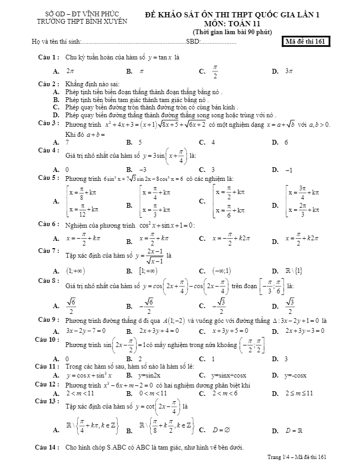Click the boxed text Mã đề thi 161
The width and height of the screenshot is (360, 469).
[x=306, y=42]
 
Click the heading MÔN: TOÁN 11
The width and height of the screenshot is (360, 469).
[x=232, y=24]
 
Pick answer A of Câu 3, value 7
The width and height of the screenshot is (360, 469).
[x=67, y=142]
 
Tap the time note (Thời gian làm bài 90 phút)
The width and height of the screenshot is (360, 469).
[x=231, y=32]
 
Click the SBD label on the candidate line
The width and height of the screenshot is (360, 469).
[x=193, y=42]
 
